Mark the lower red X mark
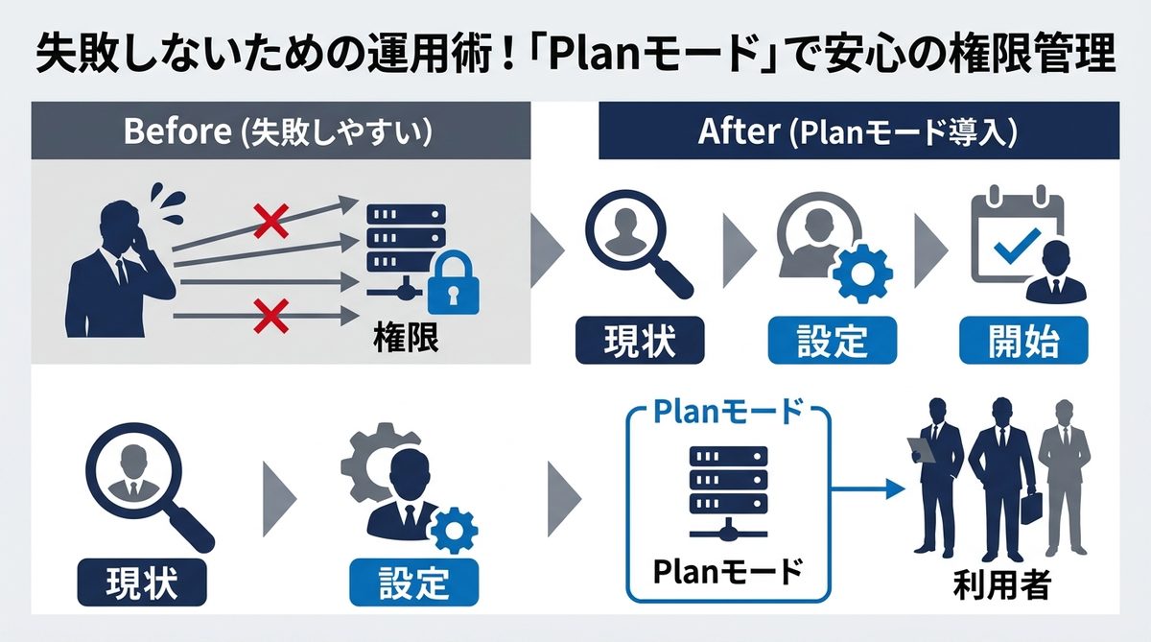click(270, 312)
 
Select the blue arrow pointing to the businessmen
click(868, 489)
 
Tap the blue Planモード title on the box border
click(727, 413)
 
